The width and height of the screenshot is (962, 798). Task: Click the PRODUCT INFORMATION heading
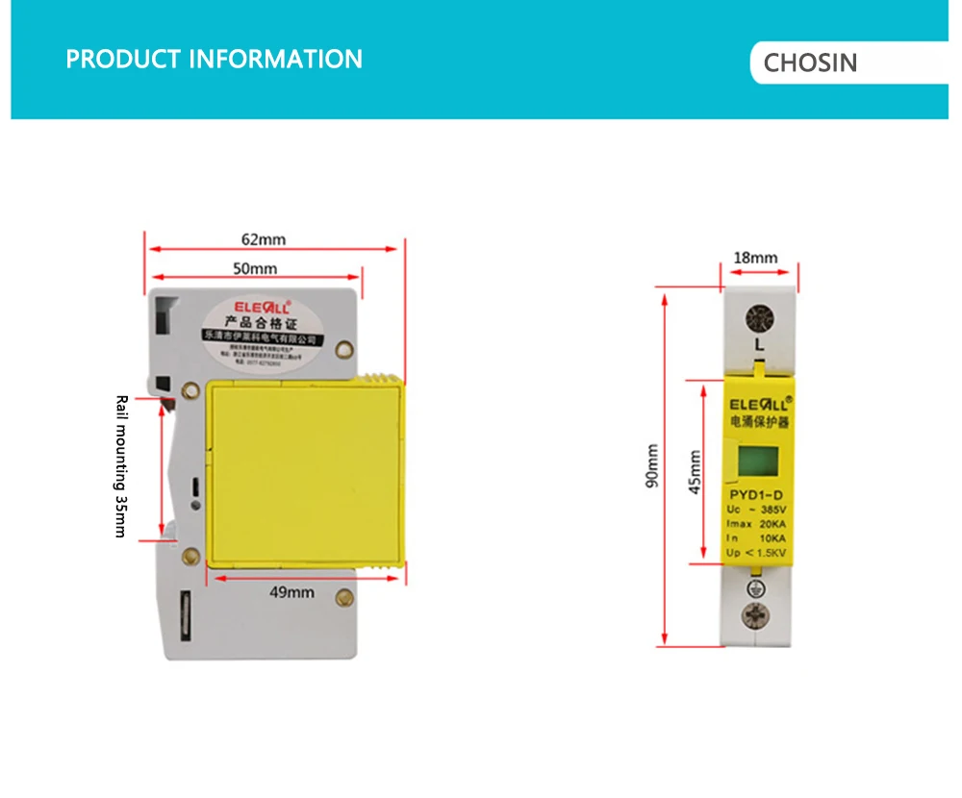[214, 59]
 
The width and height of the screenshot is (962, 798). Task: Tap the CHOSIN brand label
[809, 63]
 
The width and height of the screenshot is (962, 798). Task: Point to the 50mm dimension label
[255, 268]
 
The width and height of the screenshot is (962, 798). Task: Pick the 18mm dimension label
[755, 258]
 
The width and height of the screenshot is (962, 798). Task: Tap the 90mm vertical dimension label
[652, 465]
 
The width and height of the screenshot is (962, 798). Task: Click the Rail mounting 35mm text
[120, 466]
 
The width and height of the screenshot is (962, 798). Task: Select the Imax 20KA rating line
[757, 524]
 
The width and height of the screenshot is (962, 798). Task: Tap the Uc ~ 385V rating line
[757, 510]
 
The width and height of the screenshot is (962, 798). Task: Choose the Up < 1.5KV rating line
[757, 553]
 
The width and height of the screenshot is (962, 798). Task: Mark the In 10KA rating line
[757, 538]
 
